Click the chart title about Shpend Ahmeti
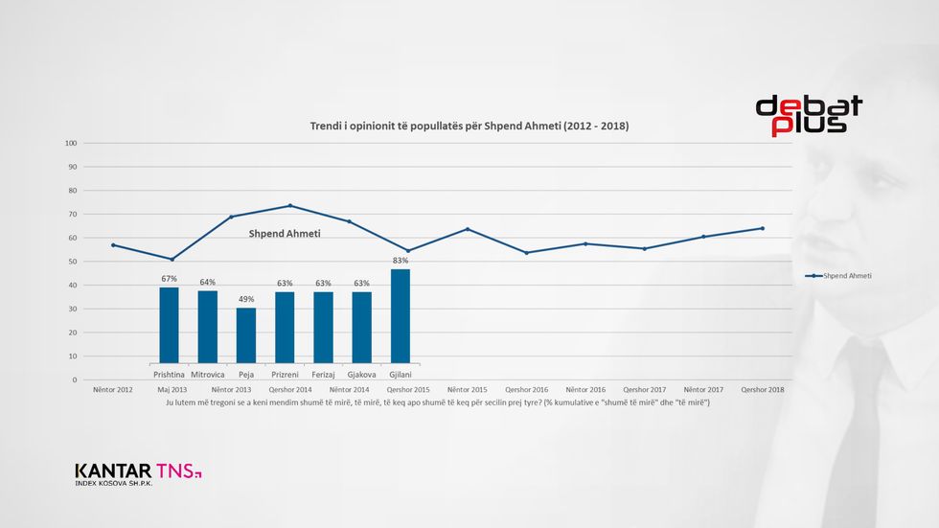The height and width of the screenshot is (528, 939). pos(469,126)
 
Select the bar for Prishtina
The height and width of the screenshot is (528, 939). pos(169,326)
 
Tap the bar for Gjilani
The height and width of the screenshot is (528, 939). pos(401,316)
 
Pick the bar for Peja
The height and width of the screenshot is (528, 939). pos(246,335)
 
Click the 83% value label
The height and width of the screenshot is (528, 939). pos(401,261)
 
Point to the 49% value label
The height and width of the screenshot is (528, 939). pos(246,299)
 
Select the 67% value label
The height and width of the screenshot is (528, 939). pos(169,279)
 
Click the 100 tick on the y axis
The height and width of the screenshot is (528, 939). pos(70,144)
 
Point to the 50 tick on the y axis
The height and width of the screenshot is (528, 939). pos(72,262)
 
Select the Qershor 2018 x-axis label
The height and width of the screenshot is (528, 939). pos(763,390)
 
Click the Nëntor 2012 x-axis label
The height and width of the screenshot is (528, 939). pos(112,390)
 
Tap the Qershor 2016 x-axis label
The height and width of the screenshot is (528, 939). pos(526,390)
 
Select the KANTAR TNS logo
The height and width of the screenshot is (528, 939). pos(138,472)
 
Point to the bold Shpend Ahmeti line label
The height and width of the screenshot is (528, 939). pos(285,233)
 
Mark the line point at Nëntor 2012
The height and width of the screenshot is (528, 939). pos(112,245)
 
